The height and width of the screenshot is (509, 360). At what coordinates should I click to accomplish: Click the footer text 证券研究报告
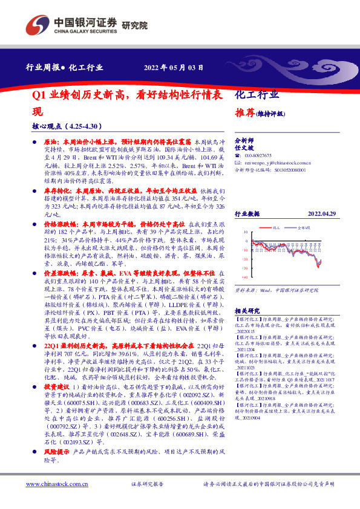coord(147,485)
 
